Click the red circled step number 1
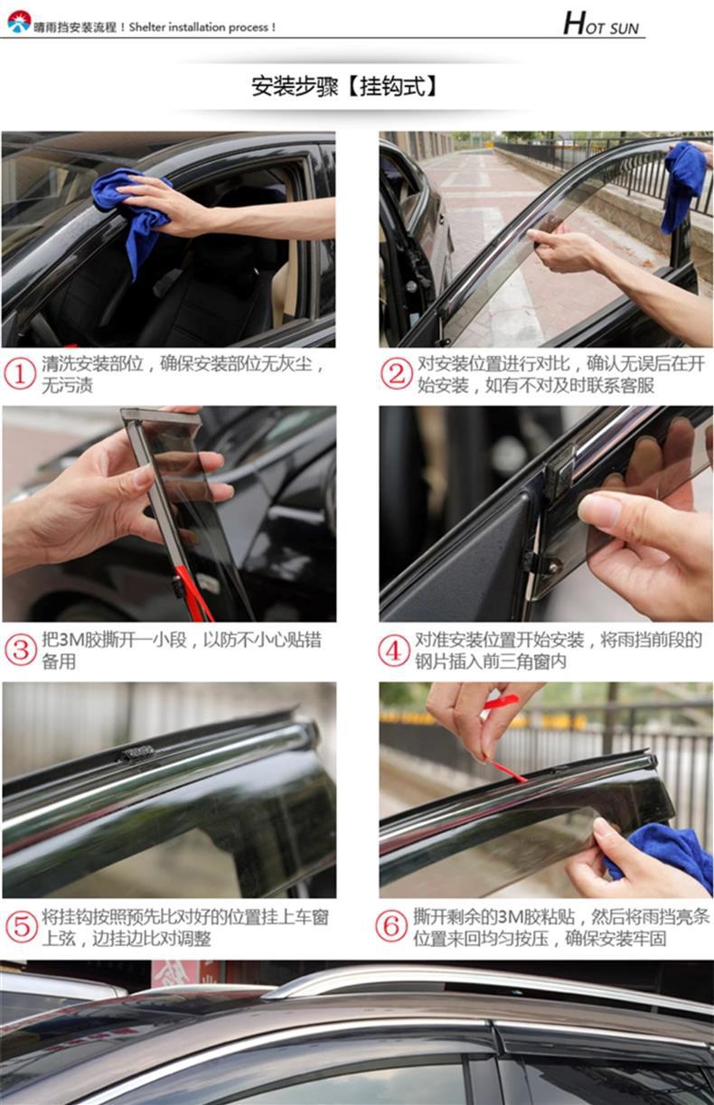(x=20, y=374)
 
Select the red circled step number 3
(x=21, y=650)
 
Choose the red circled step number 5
(x=21, y=927)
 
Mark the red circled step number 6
(x=391, y=926)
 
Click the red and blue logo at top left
(x=19, y=22)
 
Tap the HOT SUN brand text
(x=601, y=23)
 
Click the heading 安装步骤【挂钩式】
(x=344, y=87)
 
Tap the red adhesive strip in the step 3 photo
(x=194, y=593)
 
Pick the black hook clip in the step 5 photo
(x=137, y=754)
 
